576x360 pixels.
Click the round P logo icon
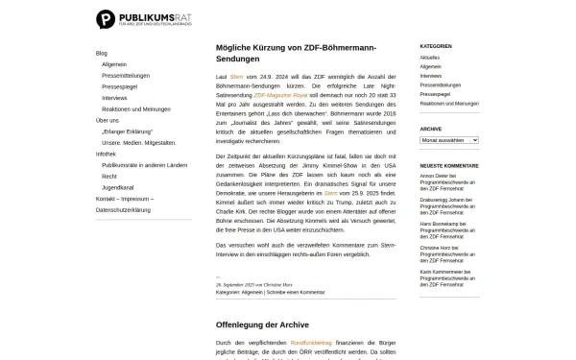point(106,18)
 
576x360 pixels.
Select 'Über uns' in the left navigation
point(108,120)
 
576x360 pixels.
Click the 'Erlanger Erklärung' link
point(130,131)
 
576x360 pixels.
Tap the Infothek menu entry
point(106,154)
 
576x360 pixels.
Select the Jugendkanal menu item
point(117,187)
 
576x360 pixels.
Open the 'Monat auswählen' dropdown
point(449,140)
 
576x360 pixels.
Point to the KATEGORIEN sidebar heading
point(436,46)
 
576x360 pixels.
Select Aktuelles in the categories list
point(429,58)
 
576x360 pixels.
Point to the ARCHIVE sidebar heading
point(431,128)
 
